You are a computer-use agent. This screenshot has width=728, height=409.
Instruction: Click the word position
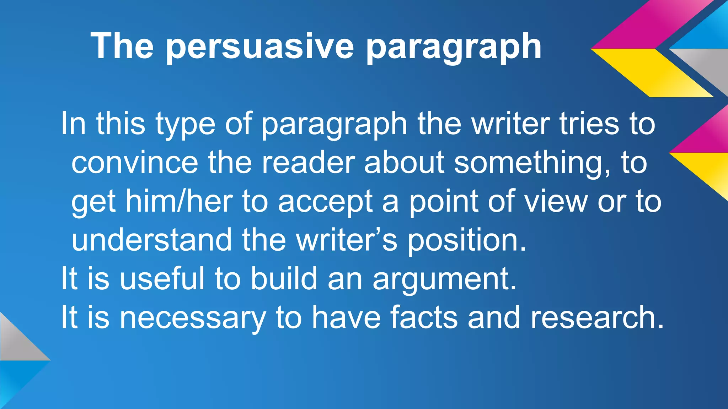tap(466, 241)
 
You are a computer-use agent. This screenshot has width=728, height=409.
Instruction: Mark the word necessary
tap(192, 318)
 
